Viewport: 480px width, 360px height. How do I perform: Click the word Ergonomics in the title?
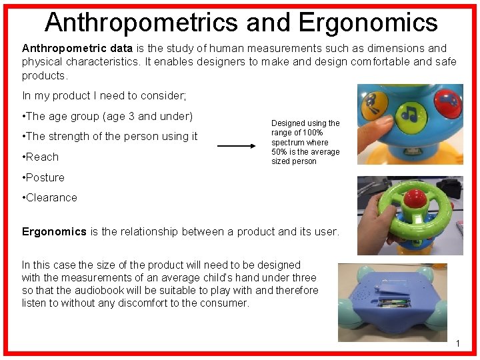pyautogui.click(x=368, y=22)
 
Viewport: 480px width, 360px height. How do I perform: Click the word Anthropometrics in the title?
pyautogui.click(x=140, y=22)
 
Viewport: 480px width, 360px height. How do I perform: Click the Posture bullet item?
pyautogui.click(x=45, y=177)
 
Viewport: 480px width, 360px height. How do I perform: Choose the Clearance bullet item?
pyautogui.click(x=51, y=197)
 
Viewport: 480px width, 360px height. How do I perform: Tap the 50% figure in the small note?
pyautogui.click(x=280, y=152)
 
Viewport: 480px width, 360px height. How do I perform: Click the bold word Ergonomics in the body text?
pyautogui.click(x=54, y=232)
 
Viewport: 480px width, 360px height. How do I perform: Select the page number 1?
pyautogui.click(x=458, y=343)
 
